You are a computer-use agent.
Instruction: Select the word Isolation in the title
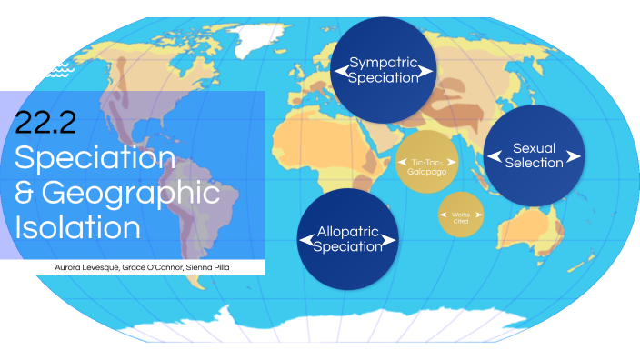click(x=77, y=225)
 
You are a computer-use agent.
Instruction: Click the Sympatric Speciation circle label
click(x=384, y=70)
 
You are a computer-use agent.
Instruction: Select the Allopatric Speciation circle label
click(x=348, y=239)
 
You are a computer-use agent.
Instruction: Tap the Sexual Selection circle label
click(x=534, y=155)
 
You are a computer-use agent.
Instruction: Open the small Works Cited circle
click(x=462, y=215)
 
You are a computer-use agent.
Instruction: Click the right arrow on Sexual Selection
click(x=573, y=156)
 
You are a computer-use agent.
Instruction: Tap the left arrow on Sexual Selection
click(x=494, y=156)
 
